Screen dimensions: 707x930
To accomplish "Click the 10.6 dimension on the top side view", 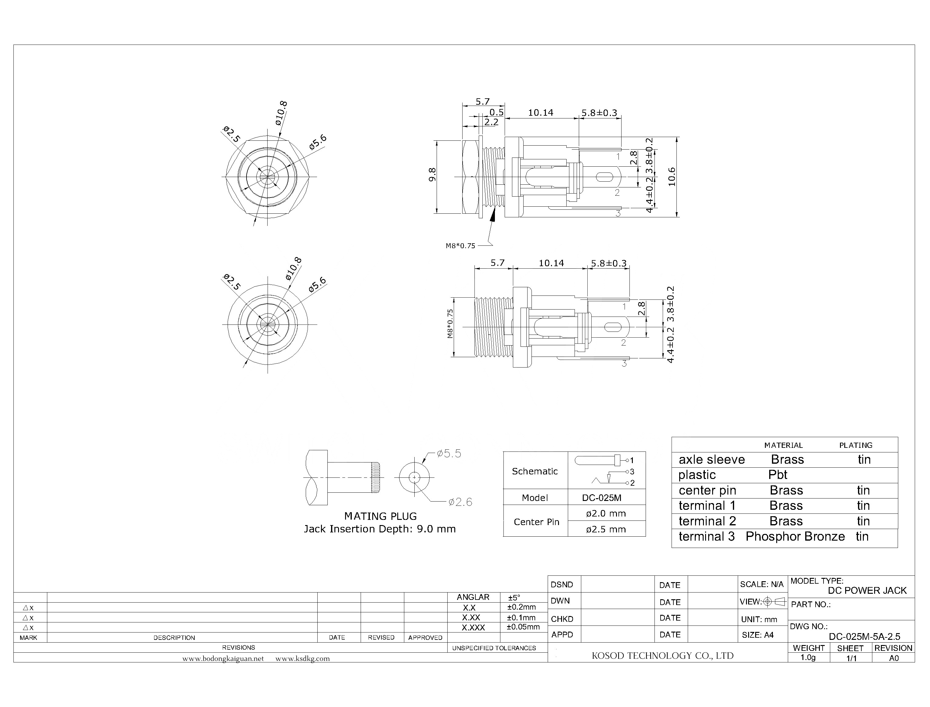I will coord(671,176).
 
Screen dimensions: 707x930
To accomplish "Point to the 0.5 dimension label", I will coord(496,112).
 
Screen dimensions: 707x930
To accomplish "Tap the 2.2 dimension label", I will coord(491,122).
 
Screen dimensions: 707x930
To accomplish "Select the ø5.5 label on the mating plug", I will coord(449,454).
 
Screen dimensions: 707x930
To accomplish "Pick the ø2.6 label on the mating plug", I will coord(460,502).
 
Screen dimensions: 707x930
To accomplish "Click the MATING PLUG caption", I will coord(380,517).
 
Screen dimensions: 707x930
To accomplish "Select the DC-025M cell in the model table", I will coord(601,498).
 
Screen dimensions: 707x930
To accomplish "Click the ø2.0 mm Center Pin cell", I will coord(606,513).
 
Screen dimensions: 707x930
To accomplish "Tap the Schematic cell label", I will coord(535,471).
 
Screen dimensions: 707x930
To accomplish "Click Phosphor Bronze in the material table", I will coord(795,537).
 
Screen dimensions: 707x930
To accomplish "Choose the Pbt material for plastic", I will coord(777,475).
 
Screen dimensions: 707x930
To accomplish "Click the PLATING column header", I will coord(856,445).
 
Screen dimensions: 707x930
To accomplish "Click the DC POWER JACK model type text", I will coord(867,590).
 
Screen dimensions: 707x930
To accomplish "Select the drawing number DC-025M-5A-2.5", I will coord(864,637).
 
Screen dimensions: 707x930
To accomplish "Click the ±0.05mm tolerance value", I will coord(523,627).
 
